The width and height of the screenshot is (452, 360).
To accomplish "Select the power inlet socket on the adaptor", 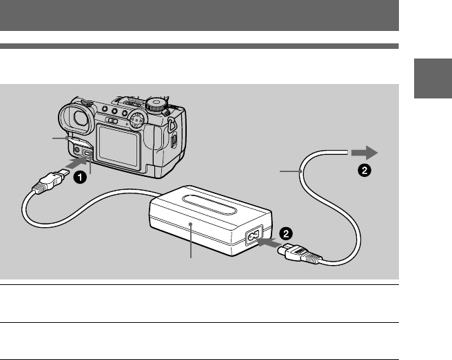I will click(251, 237).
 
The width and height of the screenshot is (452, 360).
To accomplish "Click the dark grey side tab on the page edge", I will click(433, 81).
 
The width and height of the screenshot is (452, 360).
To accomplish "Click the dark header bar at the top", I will click(200, 15).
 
